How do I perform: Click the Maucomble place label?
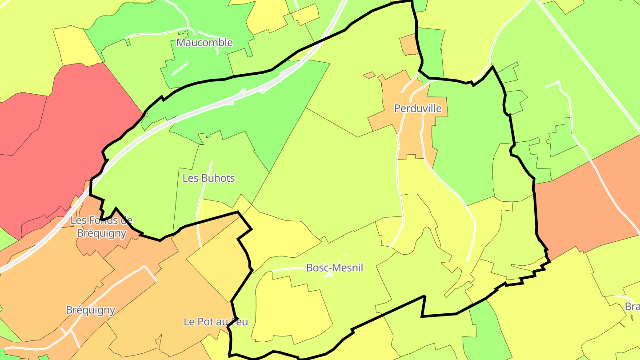(204, 43)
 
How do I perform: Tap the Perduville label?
(418, 108)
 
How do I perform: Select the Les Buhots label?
(208, 178)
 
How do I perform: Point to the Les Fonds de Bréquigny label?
(101, 227)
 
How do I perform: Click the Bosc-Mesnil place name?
(334, 268)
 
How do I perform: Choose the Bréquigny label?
(90, 310)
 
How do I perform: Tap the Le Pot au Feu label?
(216, 322)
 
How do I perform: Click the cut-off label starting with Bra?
(632, 307)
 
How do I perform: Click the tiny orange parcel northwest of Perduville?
(369, 75)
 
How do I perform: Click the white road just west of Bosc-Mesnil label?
(289, 269)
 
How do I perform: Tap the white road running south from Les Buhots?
(199, 222)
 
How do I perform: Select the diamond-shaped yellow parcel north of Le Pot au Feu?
(218, 271)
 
